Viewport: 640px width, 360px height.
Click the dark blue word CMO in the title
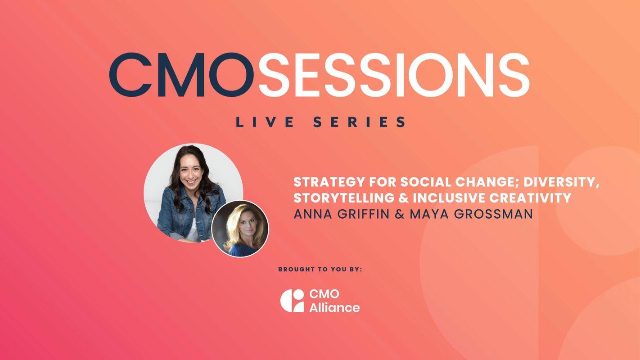click(x=181, y=75)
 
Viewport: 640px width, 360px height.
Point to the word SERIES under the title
click(x=359, y=122)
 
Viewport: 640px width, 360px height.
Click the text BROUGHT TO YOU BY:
click(x=320, y=270)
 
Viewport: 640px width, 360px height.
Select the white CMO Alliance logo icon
click(x=292, y=301)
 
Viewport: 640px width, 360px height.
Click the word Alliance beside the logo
click(x=334, y=308)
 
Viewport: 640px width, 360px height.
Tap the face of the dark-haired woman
click(x=190, y=173)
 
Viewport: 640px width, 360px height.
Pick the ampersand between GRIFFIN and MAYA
click(x=400, y=214)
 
